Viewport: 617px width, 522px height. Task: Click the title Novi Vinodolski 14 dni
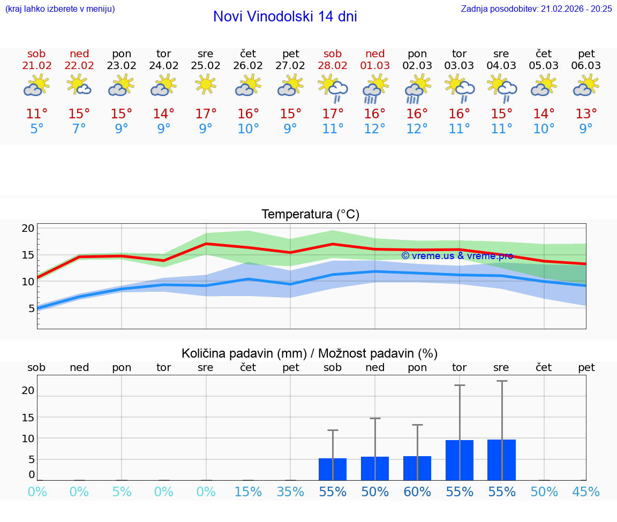click(285, 17)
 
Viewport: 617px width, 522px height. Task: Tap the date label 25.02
click(206, 66)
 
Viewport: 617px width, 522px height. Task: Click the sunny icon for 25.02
click(206, 85)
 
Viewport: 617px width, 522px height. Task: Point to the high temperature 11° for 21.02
click(37, 114)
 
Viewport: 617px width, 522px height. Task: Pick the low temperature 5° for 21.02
click(37, 129)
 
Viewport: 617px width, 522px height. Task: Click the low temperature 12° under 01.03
click(375, 129)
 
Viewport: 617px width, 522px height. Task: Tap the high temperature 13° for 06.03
click(586, 114)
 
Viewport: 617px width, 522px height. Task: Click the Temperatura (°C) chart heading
click(310, 215)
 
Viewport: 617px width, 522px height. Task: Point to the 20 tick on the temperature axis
click(28, 229)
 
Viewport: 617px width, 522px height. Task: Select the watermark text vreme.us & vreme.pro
click(457, 256)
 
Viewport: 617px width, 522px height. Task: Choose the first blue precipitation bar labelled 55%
click(333, 469)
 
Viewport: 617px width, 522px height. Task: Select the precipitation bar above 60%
click(417, 468)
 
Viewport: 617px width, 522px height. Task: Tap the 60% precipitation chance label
click(417, 492)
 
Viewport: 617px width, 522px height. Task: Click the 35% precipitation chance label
click(290, 492)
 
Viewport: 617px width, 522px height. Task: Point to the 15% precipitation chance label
click(248, 492)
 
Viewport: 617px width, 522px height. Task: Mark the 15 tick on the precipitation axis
click(28, 418)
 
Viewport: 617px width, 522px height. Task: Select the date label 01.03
click(375, 66)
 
